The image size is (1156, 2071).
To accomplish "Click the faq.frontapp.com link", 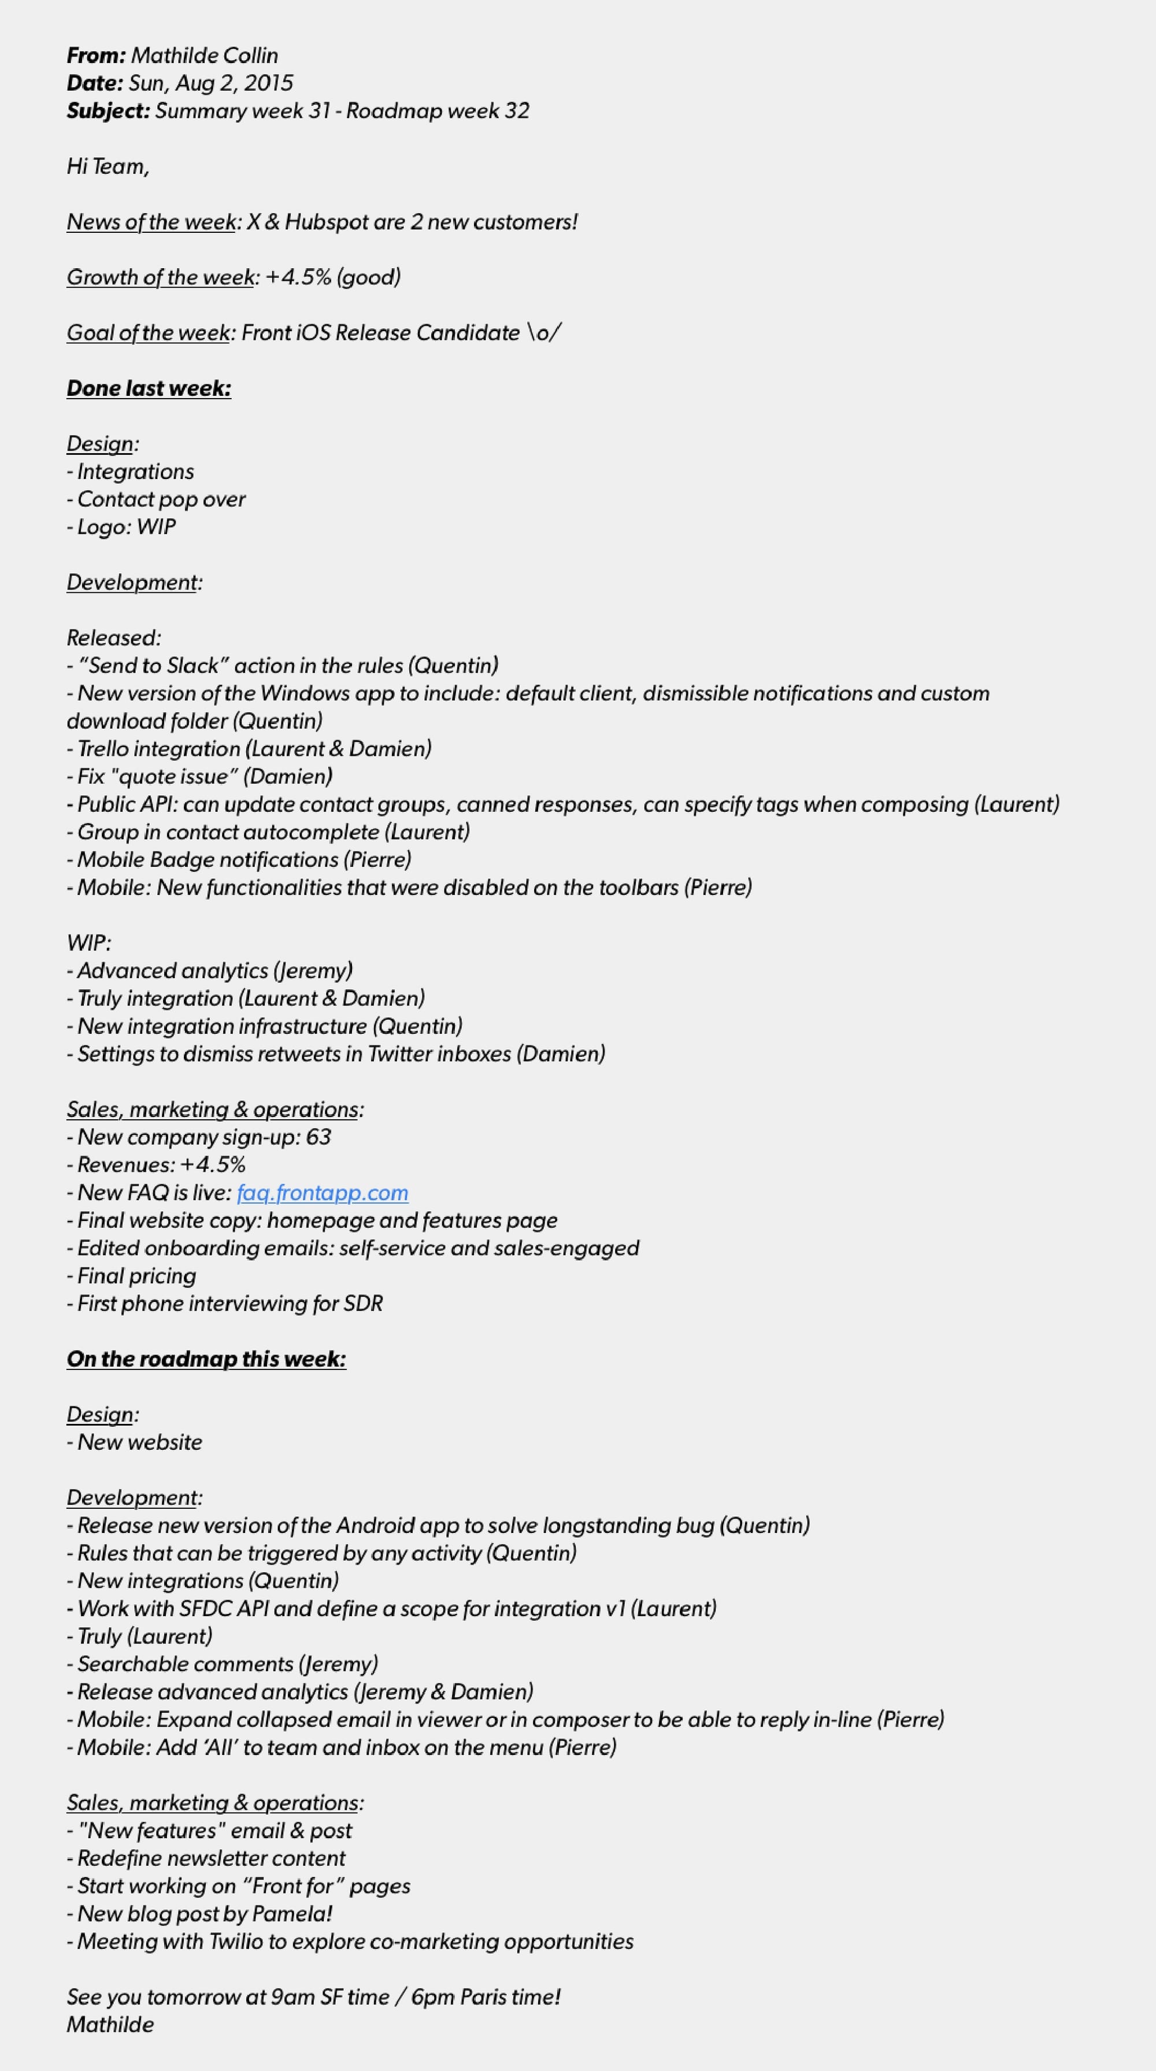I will tap(323, 1192).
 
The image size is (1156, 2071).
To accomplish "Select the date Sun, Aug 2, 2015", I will tap(210, 83).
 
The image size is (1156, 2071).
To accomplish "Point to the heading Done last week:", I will tap(149, 388).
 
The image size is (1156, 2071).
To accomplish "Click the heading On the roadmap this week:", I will tap(206, 1359).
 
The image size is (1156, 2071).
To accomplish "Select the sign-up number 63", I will tap(318, 1137).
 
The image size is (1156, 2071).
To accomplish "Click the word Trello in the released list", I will tap(103, 748).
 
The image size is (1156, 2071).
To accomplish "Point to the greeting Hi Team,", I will tap(108, 166).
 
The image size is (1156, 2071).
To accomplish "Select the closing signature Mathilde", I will tap(110, 2024).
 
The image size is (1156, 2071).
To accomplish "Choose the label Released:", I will tap(113, 637).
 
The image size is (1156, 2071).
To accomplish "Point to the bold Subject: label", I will tap(108, 111).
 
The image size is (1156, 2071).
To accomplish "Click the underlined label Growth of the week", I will tap(160, 277).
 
